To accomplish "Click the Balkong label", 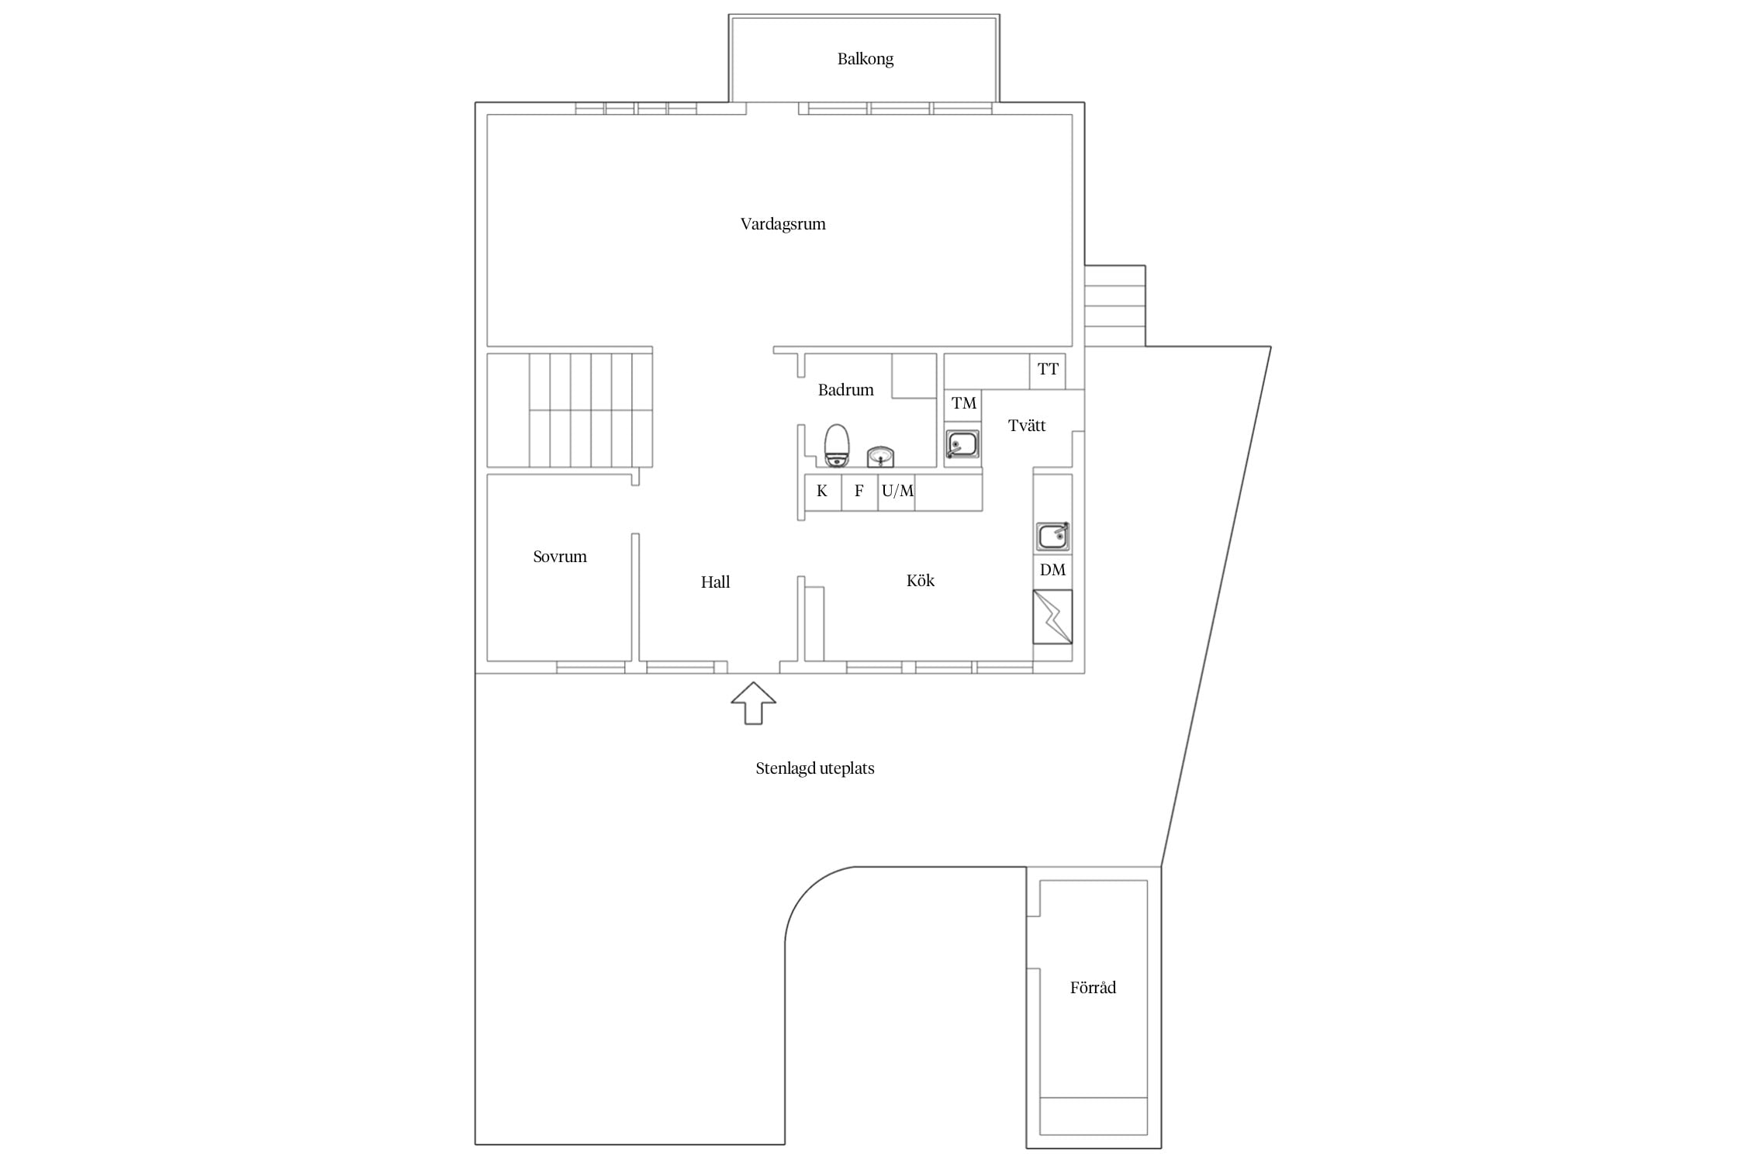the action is pyautogui.click(x=865, y=59).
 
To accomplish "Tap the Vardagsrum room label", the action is pyautogui.click(x=783, y=224).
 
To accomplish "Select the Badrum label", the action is pyautogui.click(x=845, y=389).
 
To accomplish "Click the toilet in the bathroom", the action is pyautogui.click(x=836, y=446).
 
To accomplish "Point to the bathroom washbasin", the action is pyautogui.click(x=881, y=457).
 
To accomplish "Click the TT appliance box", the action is pyautogui.click(x=1048, y=371).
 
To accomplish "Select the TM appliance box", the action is pyautogui.click(x=963, y=405).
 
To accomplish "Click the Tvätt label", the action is pyautogui.click(x=1026, y=426).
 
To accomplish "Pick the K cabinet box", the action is pyautogui.click(x=823, y=492).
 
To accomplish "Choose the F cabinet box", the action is pyautogui.click(x=859, y=492).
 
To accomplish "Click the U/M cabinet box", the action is pyautogui.click(x=897, y=492).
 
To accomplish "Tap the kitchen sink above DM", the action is pyautogui.click(x=1052, y=537).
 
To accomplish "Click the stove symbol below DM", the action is pyautogui.click(x=1052, y=617).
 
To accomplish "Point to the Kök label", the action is pyautogui.click(x=921, y=581).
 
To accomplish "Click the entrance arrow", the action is pyautogui.click(x=753, y=703).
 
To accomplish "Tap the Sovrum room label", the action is pyautogui.click(x=560, y=557).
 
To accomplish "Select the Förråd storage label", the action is pyautogui.click(x=1093, y=988).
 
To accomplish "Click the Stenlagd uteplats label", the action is pyautogui.click(x=815, y=768).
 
